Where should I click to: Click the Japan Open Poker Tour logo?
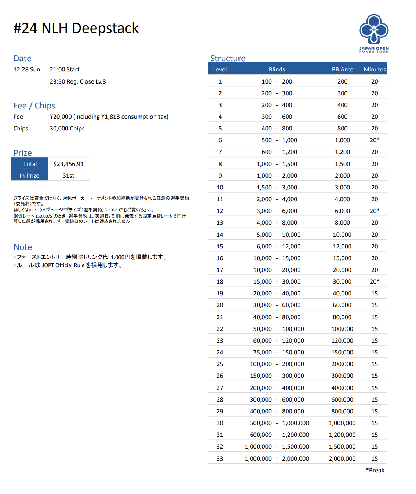click(x=373, y=33)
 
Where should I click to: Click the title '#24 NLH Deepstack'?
click(x=76, y=28)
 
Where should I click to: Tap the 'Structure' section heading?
click(x=227, y=58)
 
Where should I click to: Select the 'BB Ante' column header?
click(x=342, y=69)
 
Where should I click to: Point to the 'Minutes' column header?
click(x=375, y=69)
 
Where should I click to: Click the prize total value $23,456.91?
click(x=69, y=164)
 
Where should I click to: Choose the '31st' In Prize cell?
click(x=69, y=176)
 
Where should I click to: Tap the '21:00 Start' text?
click(x=65, y=69)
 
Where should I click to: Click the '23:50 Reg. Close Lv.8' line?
click(x=78, y=81)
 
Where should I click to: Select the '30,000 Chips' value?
click(x=67, y=128)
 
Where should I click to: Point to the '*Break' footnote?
click(x=375, y=470)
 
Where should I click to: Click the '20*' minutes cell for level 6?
click(x=375, y=140)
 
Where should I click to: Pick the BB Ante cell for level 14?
click(x=342, y=235)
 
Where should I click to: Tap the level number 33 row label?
click(x=220, y=458)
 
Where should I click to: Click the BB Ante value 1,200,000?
click(x=342, y=435)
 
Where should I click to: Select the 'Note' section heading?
click(x=23, y=247)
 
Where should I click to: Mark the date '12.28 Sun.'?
click(x=28, y=69)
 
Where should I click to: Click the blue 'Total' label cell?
click(x=30, y=164)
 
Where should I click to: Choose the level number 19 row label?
click(x=220, y=293)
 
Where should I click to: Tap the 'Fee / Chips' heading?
click(x=34, y=106)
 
